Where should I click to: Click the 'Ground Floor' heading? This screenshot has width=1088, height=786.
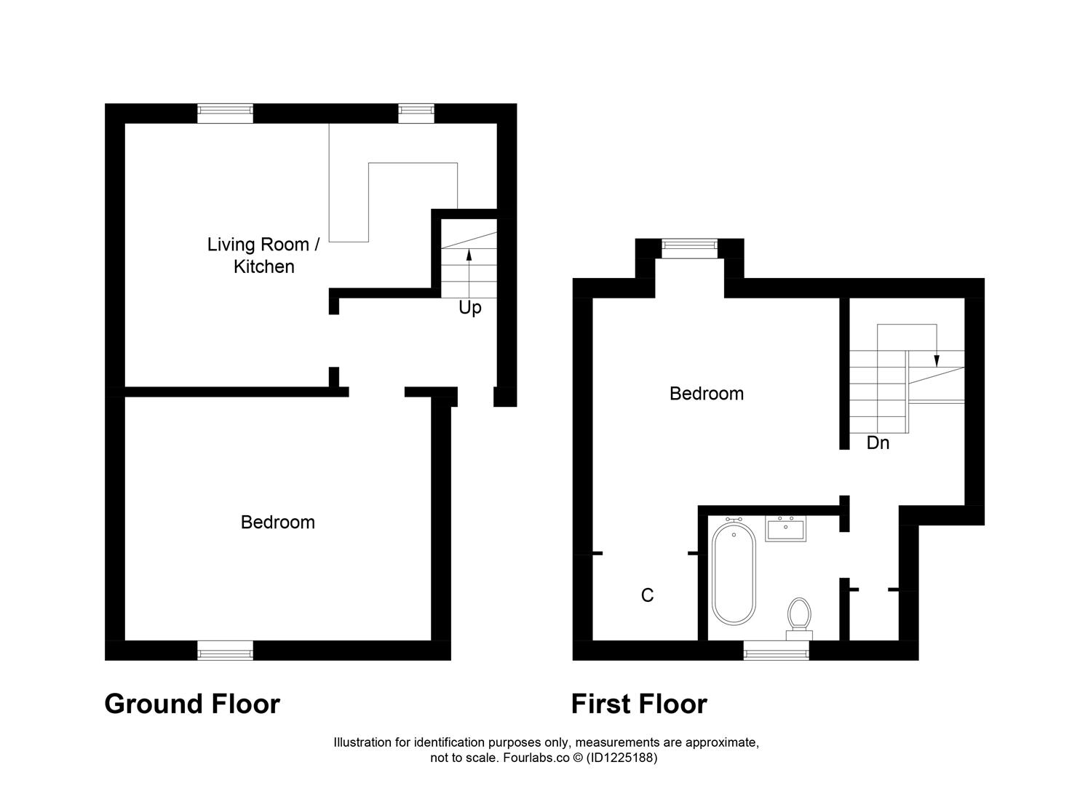pyautogui.click(x=192, y=704)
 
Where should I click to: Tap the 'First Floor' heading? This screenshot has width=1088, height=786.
pyautogui.click(x=638, y=704)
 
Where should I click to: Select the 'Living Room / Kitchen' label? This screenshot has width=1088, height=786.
pyautogui.click(x=263, y=255)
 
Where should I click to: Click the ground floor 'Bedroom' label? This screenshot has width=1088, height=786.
pyautogui.click(x=277, y=522)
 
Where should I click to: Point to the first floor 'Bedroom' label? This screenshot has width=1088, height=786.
pyautogui.click(x=706, y=394)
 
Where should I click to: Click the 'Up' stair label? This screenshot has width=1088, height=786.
pyautogui.click(x=469, y=308)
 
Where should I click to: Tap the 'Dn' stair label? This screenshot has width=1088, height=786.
pyautogui.click(x=878, y=442)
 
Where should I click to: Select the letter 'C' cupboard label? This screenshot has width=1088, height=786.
pyautogui.click(x=647, y=595)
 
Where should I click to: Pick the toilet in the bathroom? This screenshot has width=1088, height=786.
pyautogui.click(x=799, y=617)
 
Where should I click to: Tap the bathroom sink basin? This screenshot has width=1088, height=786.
pyautogui.click(x=785, y=528)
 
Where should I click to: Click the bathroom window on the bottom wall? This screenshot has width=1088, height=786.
pyautogui.click(x=776, y=652)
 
